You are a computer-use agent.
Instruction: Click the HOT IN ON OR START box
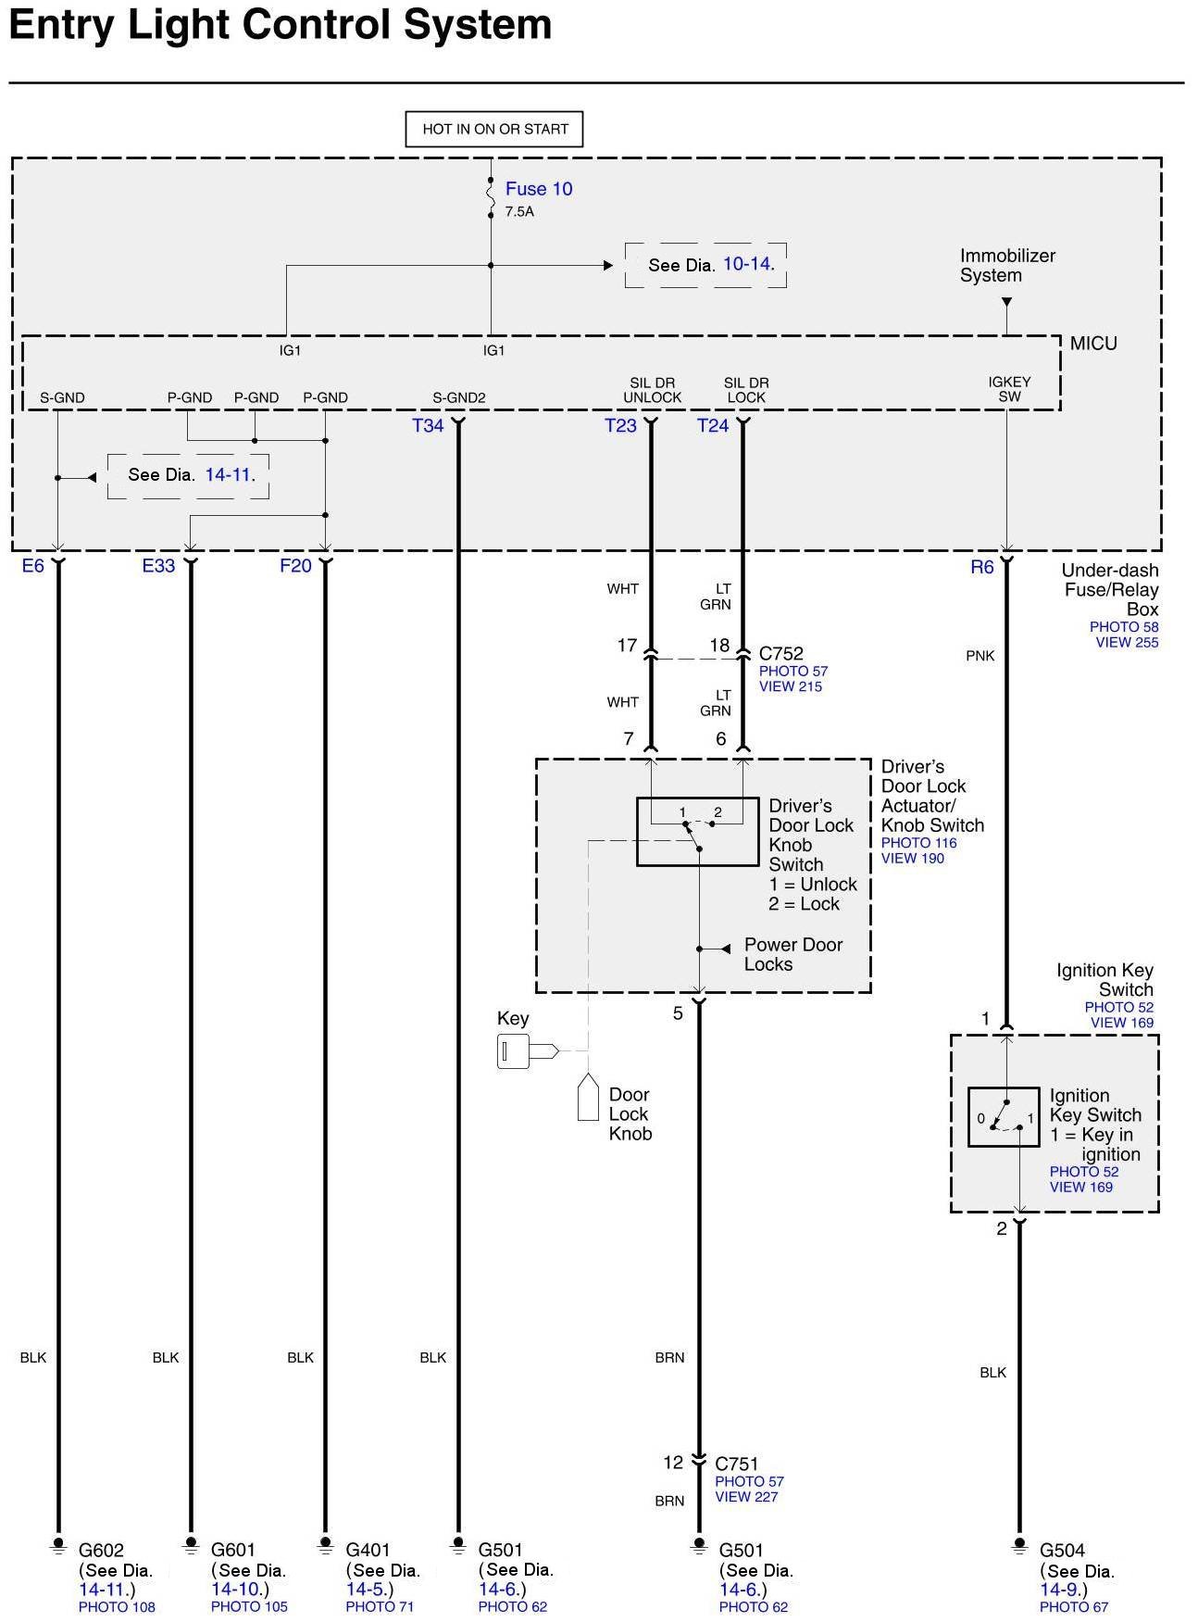click(x=494, y=130)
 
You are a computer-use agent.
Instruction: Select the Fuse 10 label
click(x=538, y=189)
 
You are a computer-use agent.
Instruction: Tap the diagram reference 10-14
click(x=747, y=264)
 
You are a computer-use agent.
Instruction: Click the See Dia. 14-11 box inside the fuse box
click(x=189, y=475)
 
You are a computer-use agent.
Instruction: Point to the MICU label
click(x=1093, y=344)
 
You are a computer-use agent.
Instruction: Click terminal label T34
click(x=428, y=426)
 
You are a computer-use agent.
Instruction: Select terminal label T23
click(x=620, y=426)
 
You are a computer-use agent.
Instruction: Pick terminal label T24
click(x=713, y=426)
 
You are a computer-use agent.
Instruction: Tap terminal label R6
click(x=981, y=567)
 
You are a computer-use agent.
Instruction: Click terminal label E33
click(x=158, y=566)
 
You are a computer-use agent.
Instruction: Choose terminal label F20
click(x=295, y=566)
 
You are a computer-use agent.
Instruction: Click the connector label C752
click(x=781, y=654)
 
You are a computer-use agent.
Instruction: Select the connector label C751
click(x=737, y=1464)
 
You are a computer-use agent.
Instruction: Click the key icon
click(x=526, y=1051)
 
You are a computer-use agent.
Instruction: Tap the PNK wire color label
click(x=980, y=656)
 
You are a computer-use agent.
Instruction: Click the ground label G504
click(x=1062, y=1550)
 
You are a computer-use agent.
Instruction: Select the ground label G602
click(x=101, y=1550)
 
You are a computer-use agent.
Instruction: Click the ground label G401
click(x=368, y=1550)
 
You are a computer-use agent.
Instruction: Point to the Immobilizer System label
click(x=1007, y=266)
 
